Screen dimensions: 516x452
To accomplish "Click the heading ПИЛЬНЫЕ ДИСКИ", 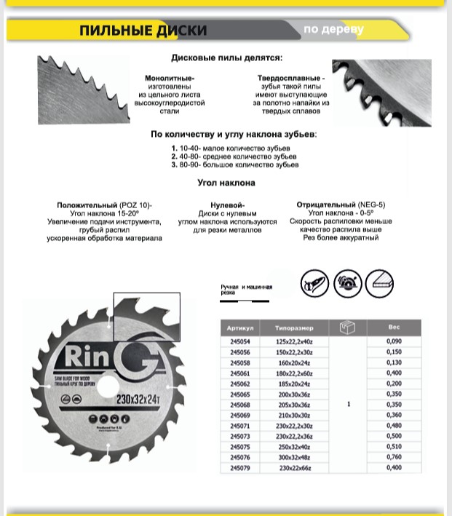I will pyautogui.click(x=143, y=31).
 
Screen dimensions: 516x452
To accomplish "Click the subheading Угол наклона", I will pyautogui.click(x=226, y=183).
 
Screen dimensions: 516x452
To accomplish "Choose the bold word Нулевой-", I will pyautogui.click(x=227, y=205).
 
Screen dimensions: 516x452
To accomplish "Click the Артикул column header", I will pyautogui.click(x=239, y=328).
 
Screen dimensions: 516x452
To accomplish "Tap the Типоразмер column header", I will pyautogui.click(x=293, y=328).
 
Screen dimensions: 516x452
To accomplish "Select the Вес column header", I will pyautogui.click(x=394, y=328).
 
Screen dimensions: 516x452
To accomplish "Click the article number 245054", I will pyautogui.click(x=239, y=341).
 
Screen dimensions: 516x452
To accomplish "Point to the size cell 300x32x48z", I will pyautogui.click(x=293, y=457).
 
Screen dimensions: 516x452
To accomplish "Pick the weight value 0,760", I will pyautogui.click(x=394, y=457).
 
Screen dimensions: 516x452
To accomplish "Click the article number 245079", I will pyautogui.click(x=239, y=468).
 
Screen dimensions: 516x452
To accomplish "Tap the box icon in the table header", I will pyautogui.click(x=348, y=328).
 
